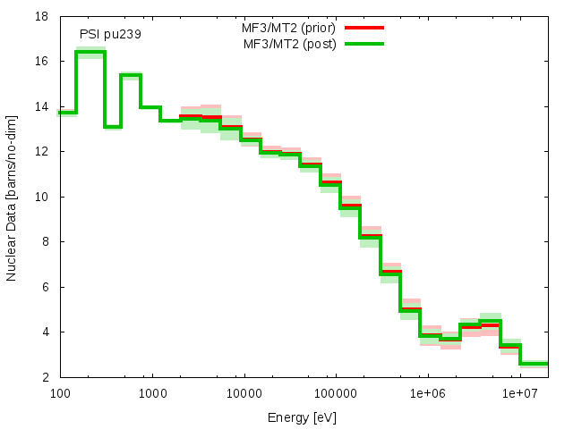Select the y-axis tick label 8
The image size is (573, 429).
click(x=46, y=241)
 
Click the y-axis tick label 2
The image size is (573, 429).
click(x=46, y=376)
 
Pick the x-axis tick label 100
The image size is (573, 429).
click(x=60, y=393)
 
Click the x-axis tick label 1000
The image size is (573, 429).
click(x=151, y=393)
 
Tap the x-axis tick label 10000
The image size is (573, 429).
click(x=244, y=393)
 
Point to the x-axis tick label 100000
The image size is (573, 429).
click(x=335, y=393)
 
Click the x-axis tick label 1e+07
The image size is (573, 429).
click(x=518, y=393)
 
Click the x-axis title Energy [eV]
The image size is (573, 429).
click(x=303, y=416)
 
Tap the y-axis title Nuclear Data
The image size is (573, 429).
click(x=12, y=197)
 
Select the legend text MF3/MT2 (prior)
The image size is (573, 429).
click(x=290, y=28)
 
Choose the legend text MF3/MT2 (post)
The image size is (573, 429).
click(x=290, y=43)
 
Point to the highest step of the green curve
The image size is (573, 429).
click(x=90, y=52)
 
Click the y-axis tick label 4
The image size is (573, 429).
click(x=46, y=332)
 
